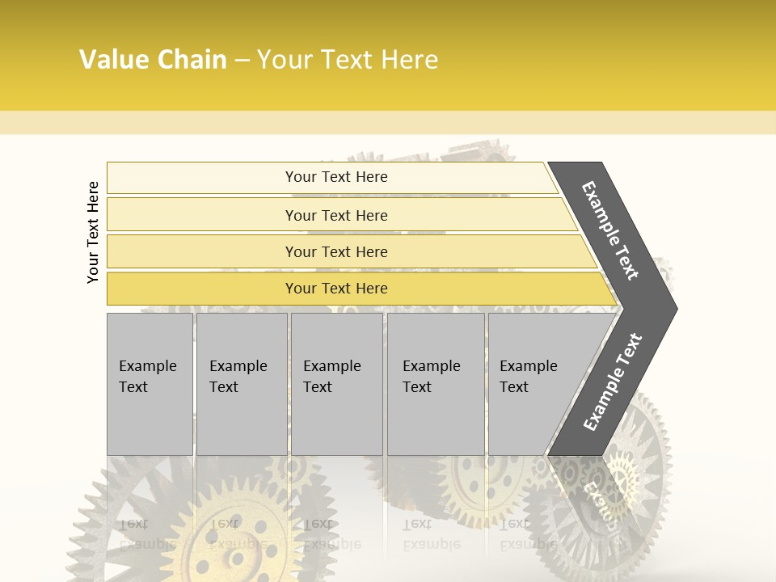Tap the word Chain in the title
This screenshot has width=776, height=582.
192,60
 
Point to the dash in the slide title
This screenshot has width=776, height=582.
242,61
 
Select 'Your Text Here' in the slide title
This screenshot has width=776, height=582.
348,60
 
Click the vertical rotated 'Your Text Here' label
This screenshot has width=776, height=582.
93,232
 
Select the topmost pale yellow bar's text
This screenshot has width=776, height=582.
336,177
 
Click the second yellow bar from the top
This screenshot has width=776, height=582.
336,215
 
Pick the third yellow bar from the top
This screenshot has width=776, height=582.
336,251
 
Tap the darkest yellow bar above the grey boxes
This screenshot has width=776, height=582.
336,289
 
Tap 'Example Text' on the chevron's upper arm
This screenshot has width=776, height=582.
610,230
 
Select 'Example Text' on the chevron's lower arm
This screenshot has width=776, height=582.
612,382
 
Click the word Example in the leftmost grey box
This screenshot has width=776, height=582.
147,366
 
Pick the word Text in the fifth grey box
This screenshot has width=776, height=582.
514,387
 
